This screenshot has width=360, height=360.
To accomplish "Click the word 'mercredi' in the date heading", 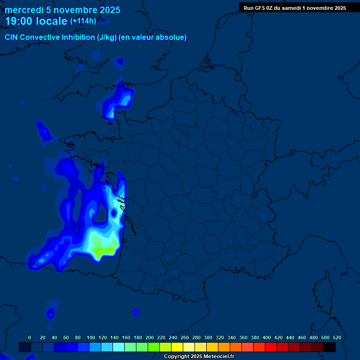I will click(23, 10).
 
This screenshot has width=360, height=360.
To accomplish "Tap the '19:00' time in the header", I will click(20, 21).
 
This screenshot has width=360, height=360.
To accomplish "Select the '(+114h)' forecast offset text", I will click(83, 21).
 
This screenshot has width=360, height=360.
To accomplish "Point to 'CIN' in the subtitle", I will click(12, 37).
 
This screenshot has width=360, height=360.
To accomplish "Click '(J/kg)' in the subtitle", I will click(107, 37).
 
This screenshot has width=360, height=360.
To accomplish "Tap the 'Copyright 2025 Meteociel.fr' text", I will click(199, 357).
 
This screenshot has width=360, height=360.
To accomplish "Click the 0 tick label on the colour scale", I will click(30, 337).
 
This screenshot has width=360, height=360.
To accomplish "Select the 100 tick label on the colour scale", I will click(91, 337).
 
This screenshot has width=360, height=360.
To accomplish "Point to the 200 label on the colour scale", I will click(150, 337).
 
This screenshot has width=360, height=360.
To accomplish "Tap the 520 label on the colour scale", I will click(337, 337).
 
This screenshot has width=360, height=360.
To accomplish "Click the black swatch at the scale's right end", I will click(330, 347).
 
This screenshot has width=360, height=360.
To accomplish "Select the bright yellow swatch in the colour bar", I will click(177, 347).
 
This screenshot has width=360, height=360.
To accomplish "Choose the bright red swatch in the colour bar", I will click(271, 347).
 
